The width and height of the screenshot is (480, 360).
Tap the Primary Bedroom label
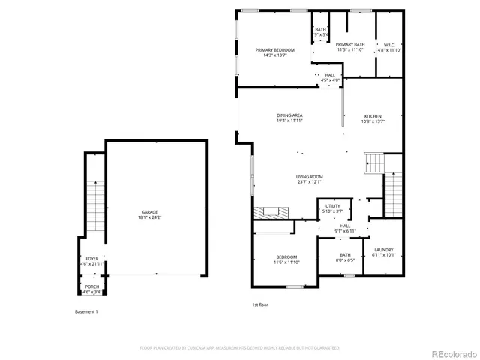click(274, 50)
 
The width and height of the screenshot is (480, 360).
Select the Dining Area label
click(289, 115)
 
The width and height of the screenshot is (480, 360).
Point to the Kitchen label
click(373, 116)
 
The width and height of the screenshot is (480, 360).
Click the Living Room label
click(308, 176)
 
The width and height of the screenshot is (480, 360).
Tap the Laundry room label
click(383, 250)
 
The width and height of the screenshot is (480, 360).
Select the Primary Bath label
click(349, 45)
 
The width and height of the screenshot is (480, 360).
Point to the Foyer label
click(92, 259)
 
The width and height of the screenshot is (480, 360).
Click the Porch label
click(91, 286)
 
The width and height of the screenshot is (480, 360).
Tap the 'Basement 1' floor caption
click(86, 311)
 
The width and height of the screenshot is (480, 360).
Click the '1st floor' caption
click(259, 304)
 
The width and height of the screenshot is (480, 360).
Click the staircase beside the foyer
click(94, 206)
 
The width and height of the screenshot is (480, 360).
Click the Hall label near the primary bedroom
click(330, 75)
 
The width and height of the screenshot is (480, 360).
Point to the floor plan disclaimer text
click(240, 348)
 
